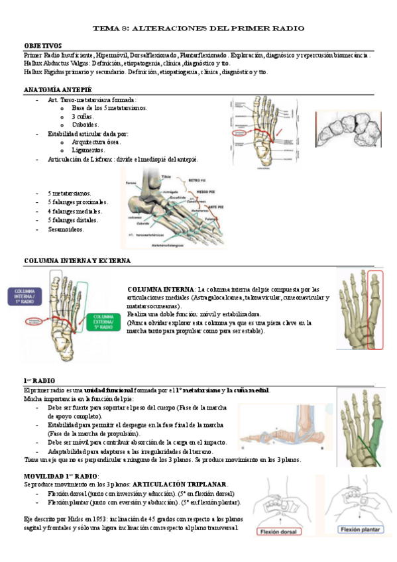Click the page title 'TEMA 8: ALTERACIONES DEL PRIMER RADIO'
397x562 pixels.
pos(198,28)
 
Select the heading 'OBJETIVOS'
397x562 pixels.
pos(43,46)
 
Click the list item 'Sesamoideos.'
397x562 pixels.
pos(66,229)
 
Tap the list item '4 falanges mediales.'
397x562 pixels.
pos(74,211)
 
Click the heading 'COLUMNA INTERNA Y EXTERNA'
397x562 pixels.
pos(77,261)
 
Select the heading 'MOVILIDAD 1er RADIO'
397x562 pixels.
pos(61,477)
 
